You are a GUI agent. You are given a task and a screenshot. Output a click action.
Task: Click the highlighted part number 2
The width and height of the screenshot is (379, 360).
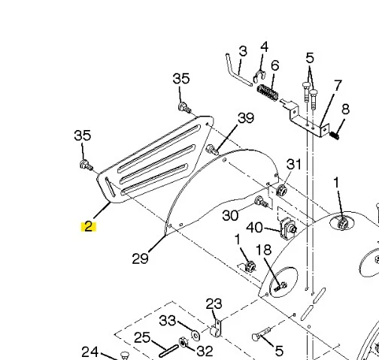click(89, 226)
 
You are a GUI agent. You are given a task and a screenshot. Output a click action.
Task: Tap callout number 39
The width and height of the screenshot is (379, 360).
click(246, 118)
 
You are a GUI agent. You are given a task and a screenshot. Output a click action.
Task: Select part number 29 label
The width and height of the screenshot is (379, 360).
click(140, 259)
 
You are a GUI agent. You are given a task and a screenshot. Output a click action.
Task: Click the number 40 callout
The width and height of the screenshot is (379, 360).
click(254, 228)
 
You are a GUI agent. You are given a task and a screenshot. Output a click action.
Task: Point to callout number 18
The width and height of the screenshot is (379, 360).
click(264, 250)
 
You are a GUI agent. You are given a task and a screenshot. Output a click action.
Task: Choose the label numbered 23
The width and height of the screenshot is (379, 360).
click(214, 304)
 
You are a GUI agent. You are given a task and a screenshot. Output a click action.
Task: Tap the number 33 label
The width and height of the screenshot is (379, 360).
click(168, 320)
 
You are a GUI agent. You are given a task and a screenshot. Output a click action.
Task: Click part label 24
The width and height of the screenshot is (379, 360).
click(90, 352)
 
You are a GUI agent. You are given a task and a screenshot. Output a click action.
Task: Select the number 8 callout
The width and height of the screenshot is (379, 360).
click(345, 109)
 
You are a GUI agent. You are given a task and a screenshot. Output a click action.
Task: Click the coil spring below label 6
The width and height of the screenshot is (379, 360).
click(268, 92)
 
